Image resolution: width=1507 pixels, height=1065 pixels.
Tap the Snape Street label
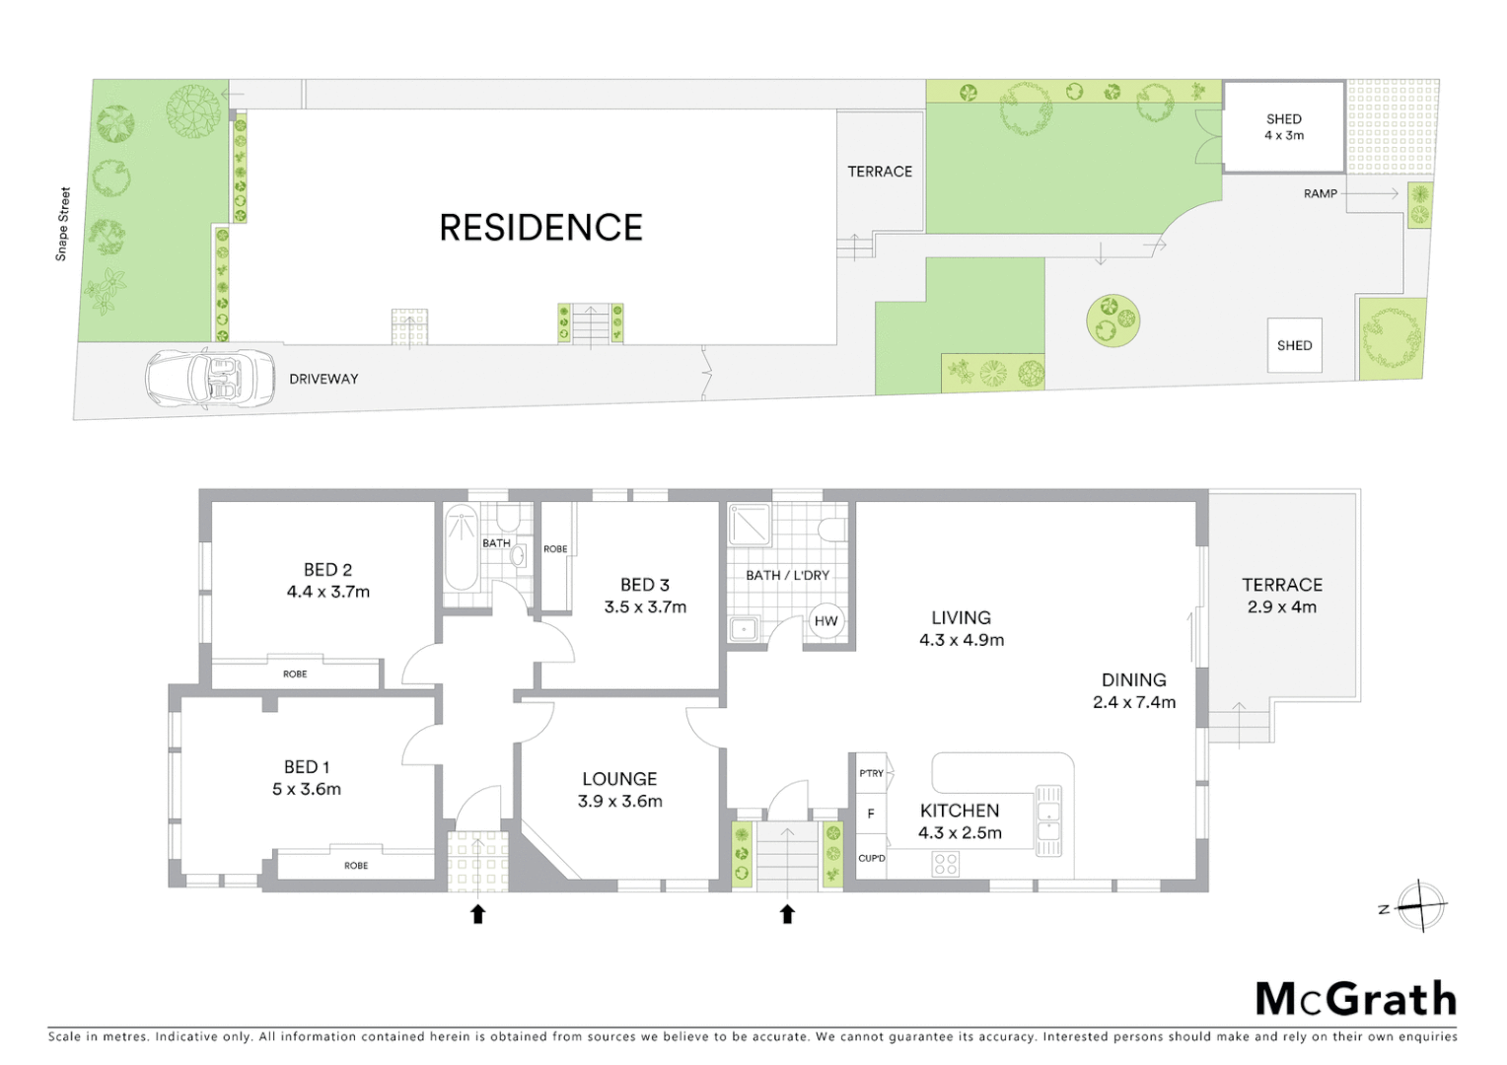[63, 224]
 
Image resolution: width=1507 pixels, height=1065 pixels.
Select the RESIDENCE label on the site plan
[540, 228]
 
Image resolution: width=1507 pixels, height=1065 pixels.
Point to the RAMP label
[1320, 194]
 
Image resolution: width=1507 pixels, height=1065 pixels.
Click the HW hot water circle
[825, 621]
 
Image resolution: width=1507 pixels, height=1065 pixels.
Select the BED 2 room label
[327, 570]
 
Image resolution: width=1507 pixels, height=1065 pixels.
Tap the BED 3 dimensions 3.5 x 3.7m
[645, 607]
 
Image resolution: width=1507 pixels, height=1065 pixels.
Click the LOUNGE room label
[619, 779]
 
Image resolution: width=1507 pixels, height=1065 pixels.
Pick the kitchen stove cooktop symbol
[945, 865]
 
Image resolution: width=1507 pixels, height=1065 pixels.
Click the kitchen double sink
[1047, 818]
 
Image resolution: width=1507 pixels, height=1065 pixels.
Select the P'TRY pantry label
[871, 773]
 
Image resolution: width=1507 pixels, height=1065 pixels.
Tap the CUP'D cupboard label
[871, 858]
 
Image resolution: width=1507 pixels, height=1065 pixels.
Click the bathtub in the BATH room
[459, 548]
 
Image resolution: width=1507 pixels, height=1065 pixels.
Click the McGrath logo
[1355, 1000]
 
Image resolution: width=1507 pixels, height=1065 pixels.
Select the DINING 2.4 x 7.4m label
[1134, 691]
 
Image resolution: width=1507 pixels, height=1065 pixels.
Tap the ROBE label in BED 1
[356, 866]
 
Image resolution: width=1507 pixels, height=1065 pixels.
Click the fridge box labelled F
[871, 815]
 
